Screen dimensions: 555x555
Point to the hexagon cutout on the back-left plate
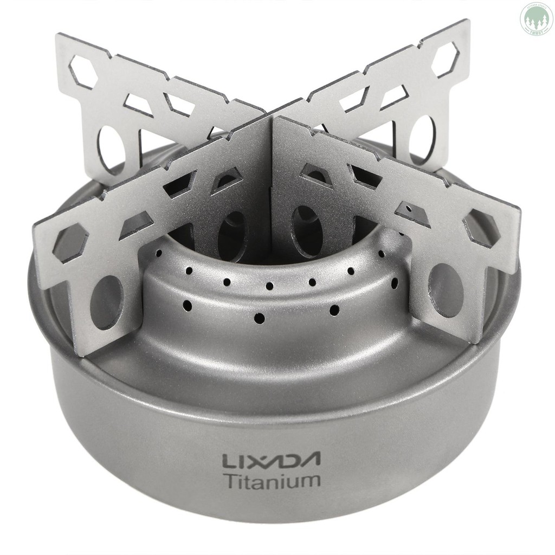click(86, 70)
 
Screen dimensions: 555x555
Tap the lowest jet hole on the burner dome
click(259, 317)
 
